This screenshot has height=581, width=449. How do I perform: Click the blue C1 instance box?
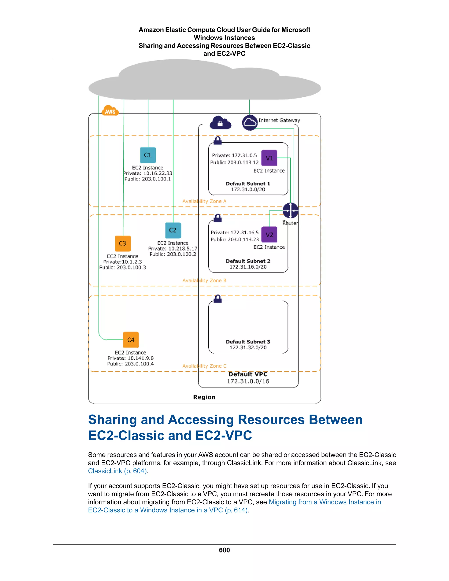(x=148, y=155)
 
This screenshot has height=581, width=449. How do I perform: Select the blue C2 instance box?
(x=173, y=230)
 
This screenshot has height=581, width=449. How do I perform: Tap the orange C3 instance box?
(x=123, y=243)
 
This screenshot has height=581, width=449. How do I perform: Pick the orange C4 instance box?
(x=131, y=340)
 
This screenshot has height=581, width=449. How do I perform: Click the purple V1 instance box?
(x=269, y=158)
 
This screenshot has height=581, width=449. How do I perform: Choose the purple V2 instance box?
(x=269, y=235)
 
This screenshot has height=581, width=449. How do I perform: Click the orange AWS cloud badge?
(x=110, y=111)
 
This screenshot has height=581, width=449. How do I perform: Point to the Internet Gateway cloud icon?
(x=249, y=122)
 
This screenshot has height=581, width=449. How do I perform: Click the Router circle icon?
(x=290, y=210)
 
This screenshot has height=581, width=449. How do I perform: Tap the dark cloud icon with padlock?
(x=220, y=123)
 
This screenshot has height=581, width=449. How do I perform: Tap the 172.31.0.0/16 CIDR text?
(x=248, y=381)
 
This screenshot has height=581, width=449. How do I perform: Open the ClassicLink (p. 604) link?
(x=117, y=471)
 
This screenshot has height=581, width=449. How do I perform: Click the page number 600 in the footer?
(x=224, y=550)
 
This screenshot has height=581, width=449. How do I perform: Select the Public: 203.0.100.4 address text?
(x=130, y=364)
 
